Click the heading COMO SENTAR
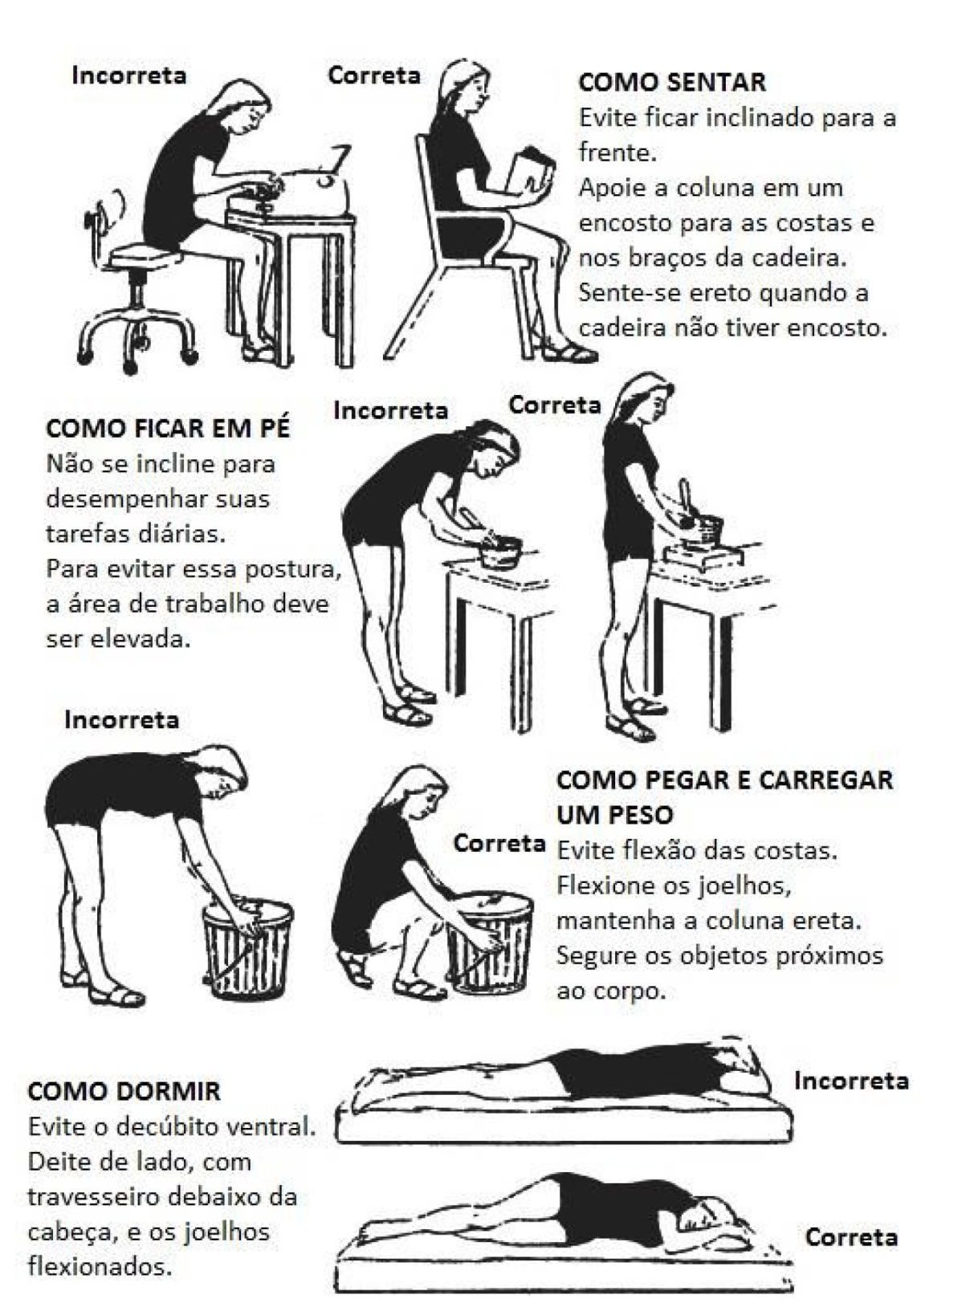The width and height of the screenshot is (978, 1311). [x=671, y=82]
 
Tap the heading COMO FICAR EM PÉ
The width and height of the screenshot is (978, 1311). [x=167, y=428]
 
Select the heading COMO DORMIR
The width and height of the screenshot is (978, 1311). [x=124, y=1091]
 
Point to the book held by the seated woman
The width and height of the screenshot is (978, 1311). [x=531, y=172]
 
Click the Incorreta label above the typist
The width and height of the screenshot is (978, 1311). [x=128, y=75]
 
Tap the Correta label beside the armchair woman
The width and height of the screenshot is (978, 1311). [x=373, y=75]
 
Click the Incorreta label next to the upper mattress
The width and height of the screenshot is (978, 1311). [x=851, y=1081]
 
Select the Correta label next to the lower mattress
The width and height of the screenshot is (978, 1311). [x=851, y=1237]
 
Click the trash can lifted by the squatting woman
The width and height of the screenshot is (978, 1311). [x=489, y=943]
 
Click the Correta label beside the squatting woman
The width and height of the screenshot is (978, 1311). [x=499, y=843]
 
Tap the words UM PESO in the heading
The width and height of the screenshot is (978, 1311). [x=614, y=815]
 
